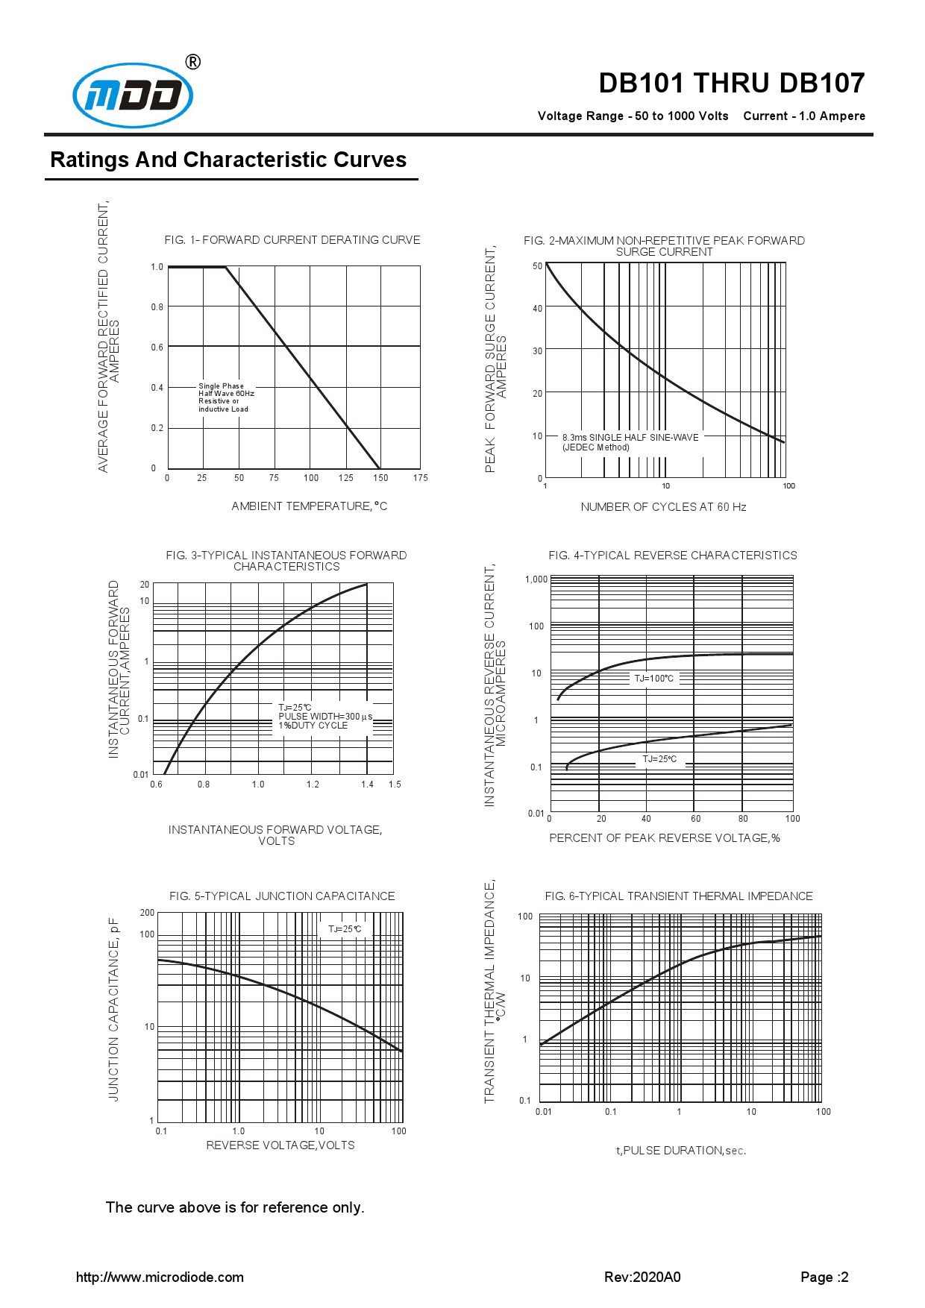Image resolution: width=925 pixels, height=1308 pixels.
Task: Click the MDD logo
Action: point(133,95)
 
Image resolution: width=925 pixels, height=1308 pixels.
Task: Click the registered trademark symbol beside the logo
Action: point(192,62)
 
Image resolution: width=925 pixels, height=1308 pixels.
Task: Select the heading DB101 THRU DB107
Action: point(731,83)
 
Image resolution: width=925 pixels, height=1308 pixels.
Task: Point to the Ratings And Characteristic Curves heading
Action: point(228,160)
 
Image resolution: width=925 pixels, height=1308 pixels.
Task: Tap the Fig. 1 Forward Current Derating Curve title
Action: point(292,239)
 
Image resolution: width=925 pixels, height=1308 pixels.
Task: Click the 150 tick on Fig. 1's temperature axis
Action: point(380,478)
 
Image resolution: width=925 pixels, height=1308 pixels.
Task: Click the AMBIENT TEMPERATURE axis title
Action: point(309,506)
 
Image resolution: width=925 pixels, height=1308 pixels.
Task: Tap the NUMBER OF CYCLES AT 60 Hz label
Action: point(663,507)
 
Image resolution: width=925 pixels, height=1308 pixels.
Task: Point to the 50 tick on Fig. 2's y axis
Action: point(538,266)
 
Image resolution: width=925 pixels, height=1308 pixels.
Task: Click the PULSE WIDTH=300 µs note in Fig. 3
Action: point(325,716)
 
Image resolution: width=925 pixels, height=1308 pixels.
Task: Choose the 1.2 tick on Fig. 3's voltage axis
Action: point(313,785)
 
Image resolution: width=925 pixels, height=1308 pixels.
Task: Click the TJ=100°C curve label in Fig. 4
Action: point(653,679)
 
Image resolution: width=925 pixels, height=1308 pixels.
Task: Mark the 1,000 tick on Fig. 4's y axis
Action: point(536,579)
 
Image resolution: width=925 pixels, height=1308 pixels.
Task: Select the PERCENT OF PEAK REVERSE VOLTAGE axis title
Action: point(665,838)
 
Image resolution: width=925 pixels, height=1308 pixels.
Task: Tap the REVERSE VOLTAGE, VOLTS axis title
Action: point(280,1145)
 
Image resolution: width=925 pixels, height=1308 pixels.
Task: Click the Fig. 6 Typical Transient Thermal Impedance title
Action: point(679,896)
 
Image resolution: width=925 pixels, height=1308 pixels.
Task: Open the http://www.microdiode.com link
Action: point(160,1277)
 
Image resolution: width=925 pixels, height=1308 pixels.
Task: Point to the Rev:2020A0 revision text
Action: point(642,1277)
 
